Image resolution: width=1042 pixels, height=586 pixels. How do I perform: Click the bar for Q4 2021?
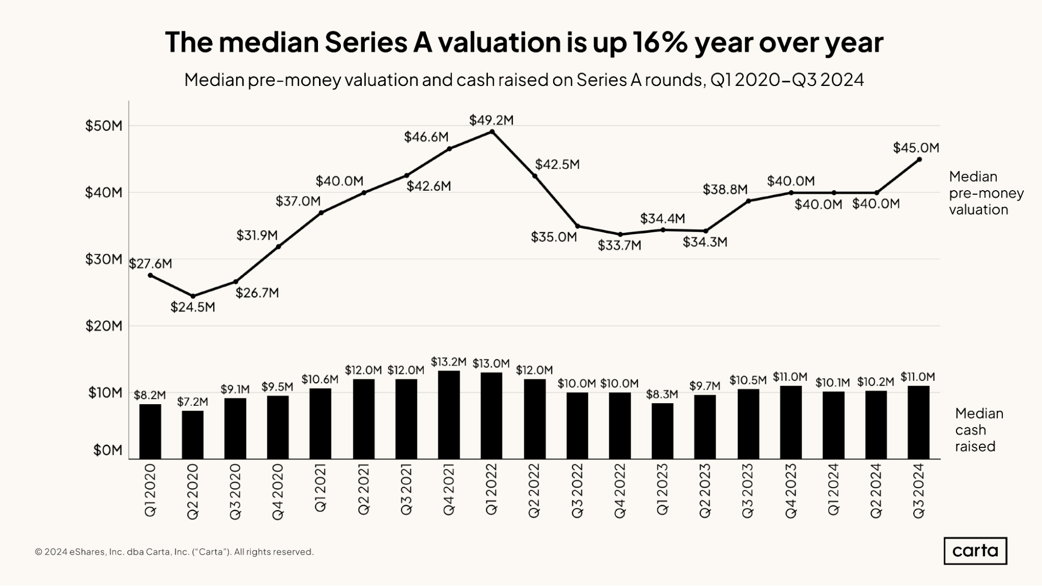(x=449, y=415)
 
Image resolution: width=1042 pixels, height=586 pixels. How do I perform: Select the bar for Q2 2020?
(x=193, y=434)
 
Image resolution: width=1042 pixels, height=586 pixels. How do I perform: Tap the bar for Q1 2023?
(x=662, y=431)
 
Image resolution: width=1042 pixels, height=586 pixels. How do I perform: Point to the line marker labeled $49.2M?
(x=492, y=132)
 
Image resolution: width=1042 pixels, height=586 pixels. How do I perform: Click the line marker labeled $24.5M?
(x=193, y=296)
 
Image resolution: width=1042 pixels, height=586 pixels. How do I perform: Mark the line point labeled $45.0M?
(x=919, y=159)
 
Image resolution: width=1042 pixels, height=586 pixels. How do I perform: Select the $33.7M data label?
(x=619, y=245)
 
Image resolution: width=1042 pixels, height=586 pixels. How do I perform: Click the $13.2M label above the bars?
(x=449, y=362)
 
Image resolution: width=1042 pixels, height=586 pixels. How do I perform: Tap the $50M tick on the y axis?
(x=104, y=126)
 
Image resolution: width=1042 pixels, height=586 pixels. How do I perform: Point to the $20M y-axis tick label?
(x=104, y=326)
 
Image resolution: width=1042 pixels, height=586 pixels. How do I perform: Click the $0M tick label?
(x=107, y=450)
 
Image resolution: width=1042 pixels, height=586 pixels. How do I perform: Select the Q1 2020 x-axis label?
(x=150, y=491)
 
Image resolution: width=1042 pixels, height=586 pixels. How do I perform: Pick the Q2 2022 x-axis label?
(x=534, y=491)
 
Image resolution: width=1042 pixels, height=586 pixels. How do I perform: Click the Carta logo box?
(x=975, y=551)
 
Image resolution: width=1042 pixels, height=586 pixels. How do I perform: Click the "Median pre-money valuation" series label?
(x=986, y=193)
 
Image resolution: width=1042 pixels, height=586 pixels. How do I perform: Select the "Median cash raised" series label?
(x=978, y=430)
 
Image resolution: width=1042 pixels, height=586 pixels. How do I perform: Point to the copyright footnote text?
(x=174, y=552)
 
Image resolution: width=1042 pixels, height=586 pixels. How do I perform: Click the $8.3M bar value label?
(x=662, y=394)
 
